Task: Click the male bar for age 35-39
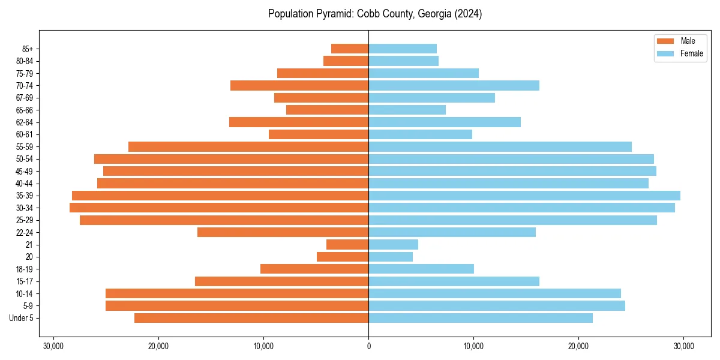[220, 196]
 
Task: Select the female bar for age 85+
[403, 49]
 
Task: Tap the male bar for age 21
[347, 245]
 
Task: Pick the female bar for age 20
[391, 257]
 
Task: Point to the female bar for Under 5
[481, 318]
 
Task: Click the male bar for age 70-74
[299, 86]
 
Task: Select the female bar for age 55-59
[500, 147]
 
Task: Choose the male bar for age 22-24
[283, 232]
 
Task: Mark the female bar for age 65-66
[407, 110]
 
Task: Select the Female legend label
[691, 53]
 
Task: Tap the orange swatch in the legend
[666, 41]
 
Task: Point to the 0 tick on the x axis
[368, 346]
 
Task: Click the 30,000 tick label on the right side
[683, 346]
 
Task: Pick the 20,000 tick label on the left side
[158, 346]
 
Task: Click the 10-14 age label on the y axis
[25, 293]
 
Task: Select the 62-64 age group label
[25, 122]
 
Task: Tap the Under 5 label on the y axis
[22, 318]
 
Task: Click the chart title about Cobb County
[375, 14]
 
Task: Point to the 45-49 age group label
[25, 171]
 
